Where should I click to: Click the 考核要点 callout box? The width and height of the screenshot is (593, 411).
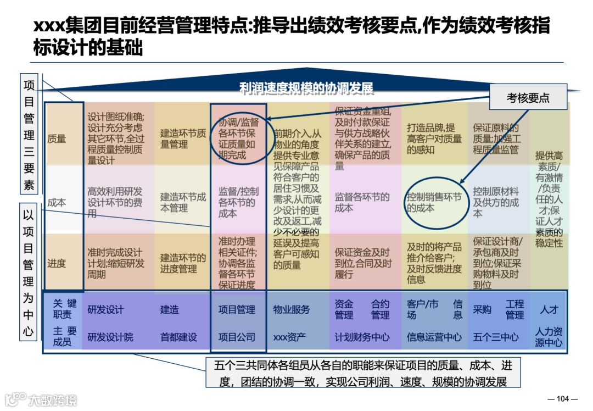click(x=528, y=98)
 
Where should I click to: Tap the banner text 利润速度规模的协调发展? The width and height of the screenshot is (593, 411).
click(x=306, y=89)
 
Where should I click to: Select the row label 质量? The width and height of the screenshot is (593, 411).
click(x=57, y=139)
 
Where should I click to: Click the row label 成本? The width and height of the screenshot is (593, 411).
click(x=57, y=202)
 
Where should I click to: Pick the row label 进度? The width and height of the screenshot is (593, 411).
click(x=57, y=263)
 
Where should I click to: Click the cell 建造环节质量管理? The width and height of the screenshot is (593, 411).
click(x=183, y=138)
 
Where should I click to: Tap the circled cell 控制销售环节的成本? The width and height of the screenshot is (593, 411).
click(x=434, y=202)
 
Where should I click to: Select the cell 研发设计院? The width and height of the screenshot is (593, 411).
click(x=110, y=337)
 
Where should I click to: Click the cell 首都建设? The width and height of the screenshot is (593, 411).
click(x=178, y=337)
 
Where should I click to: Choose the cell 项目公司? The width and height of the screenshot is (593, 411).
click(x=237, y=337)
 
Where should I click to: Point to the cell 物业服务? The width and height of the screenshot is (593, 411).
click(x=292, y=309)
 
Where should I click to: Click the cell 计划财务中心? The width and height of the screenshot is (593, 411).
click(x=362, y=337)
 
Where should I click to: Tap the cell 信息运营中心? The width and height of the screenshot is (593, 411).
click(x=434, y=337)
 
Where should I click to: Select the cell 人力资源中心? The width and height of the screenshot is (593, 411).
click(x=549, y=337)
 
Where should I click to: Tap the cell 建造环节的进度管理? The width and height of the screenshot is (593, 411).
click(x=183, y=263)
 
